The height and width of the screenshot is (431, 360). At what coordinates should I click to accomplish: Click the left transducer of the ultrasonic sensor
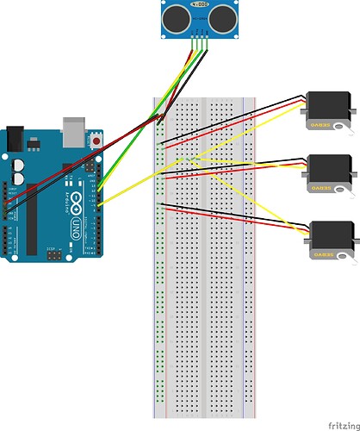[x=175, y=16]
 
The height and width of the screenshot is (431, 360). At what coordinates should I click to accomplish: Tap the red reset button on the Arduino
[x=96, y=139]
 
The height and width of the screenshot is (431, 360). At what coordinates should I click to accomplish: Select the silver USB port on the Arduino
[x=76, y=128]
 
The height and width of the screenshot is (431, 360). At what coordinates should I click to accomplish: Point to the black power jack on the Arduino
[x=15, y=138]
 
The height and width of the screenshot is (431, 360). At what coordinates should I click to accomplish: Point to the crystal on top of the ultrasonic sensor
[x=200, y=5]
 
